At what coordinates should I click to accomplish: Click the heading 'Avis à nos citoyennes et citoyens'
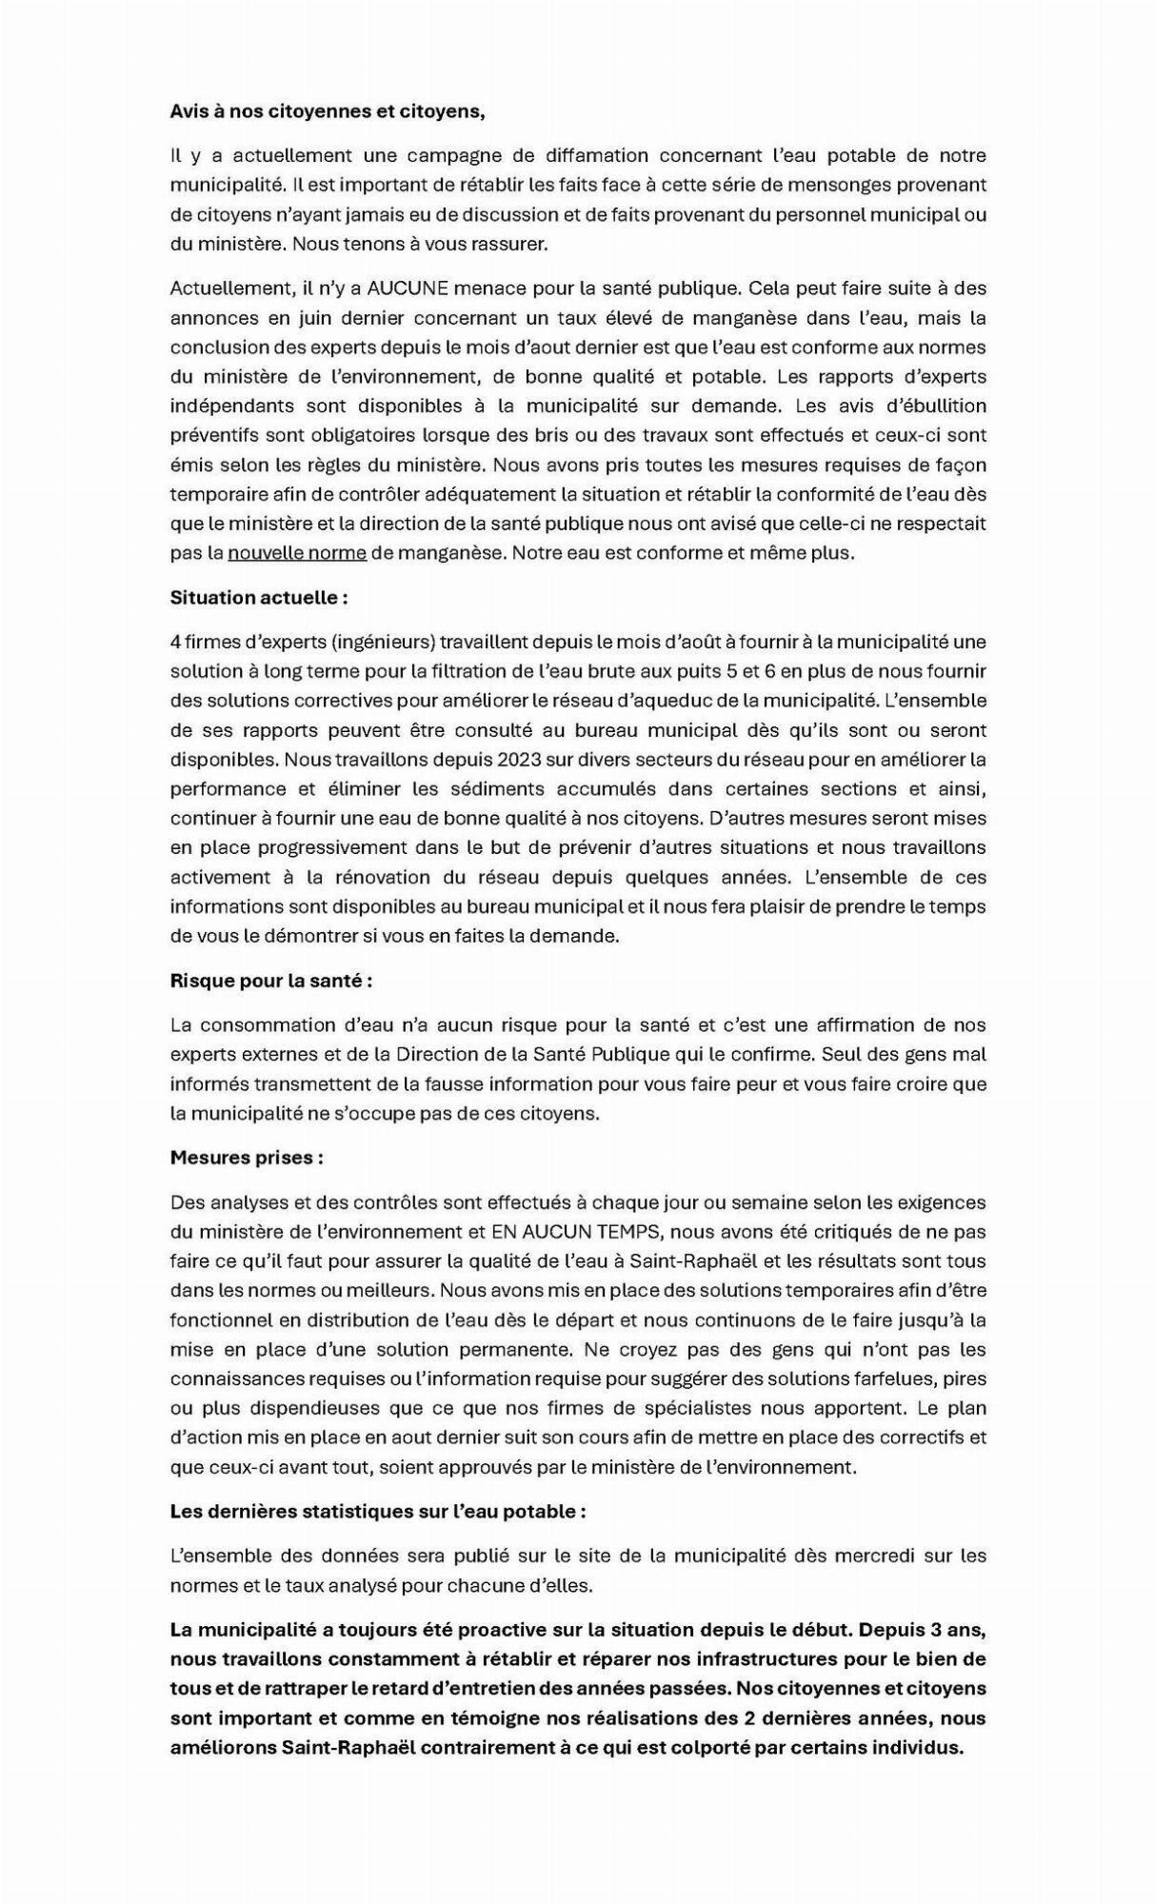click(328, 111)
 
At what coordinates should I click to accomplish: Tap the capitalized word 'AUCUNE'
click(413, 288)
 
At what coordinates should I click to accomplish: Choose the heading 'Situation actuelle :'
click(259, 598)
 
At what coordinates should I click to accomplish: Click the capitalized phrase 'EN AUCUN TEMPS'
click(576, 1232)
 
